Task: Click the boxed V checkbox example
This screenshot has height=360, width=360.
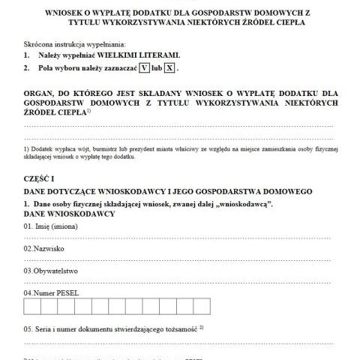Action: (144, 68)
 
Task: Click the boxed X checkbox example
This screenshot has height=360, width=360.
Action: (170, 68)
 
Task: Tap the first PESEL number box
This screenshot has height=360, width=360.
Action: (32, 307)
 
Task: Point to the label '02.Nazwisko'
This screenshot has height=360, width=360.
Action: (44, 247)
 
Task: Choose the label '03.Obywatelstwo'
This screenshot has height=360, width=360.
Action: (51, 270)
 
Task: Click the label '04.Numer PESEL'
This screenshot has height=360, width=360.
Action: (51, 292)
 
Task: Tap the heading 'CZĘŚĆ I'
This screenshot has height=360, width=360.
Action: (40, 178)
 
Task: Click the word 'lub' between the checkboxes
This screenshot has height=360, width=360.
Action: (157, 68)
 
